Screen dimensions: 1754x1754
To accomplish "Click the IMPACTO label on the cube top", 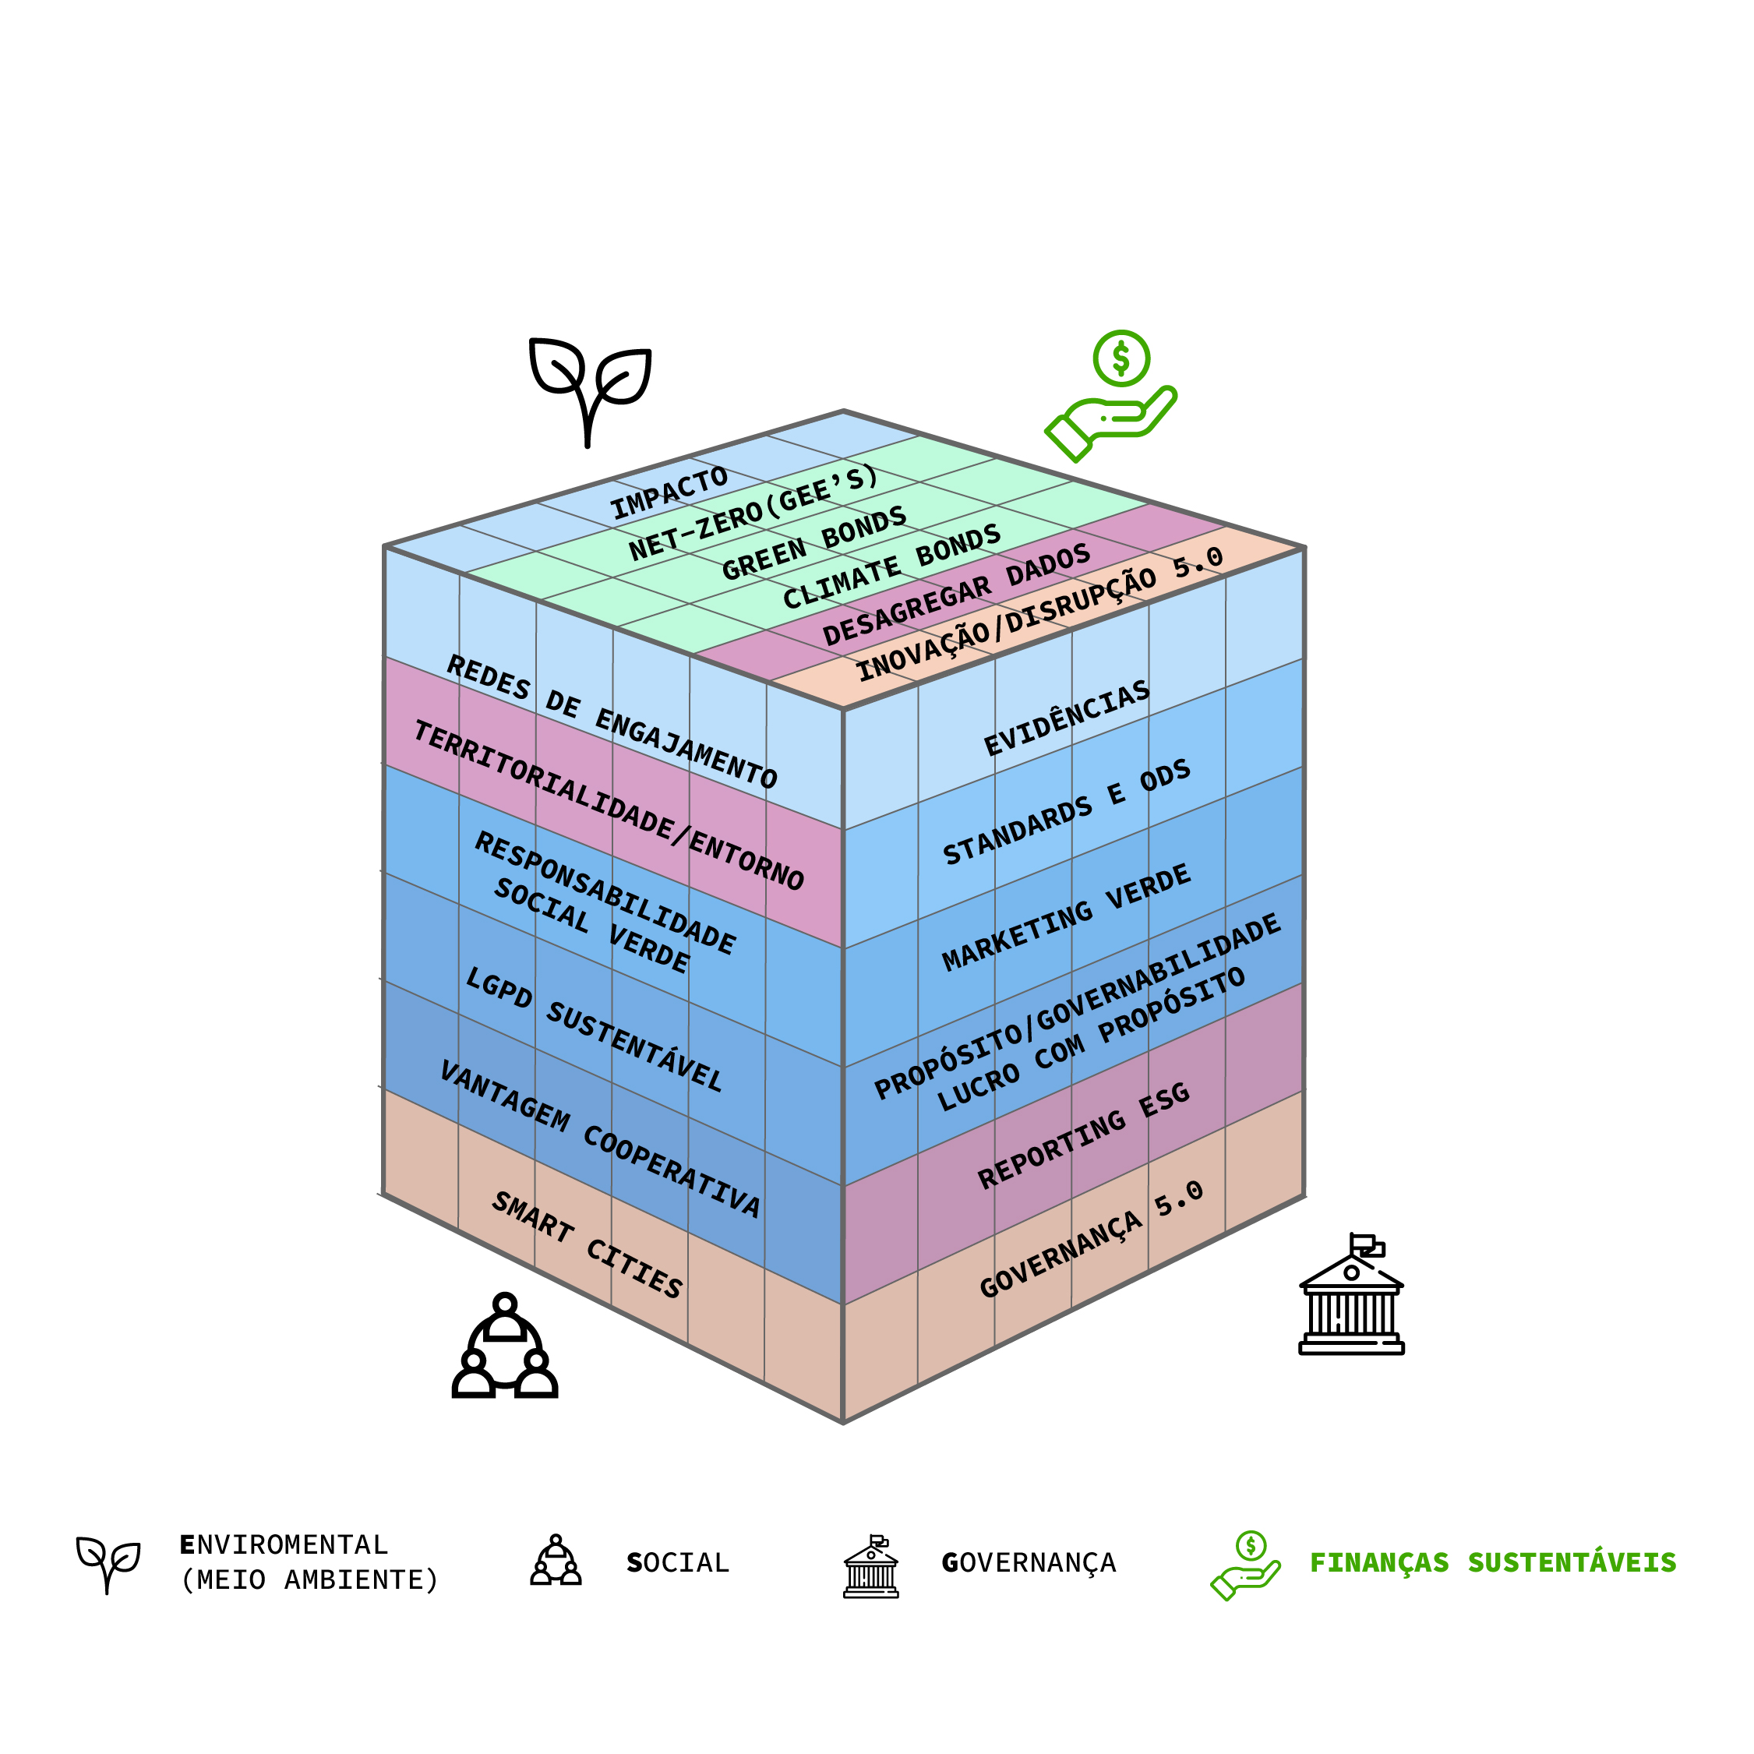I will pos(669,494).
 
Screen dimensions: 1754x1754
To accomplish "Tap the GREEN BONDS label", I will pos(813,543).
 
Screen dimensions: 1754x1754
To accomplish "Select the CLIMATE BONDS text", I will pos(891,566).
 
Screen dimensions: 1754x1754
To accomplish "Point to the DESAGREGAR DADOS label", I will pos(956,594).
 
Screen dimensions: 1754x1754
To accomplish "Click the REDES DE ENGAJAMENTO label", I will pos(612,722).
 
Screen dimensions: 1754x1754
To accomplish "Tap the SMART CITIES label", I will pos(587,1244).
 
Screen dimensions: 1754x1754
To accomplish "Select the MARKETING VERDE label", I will pos(1066,917).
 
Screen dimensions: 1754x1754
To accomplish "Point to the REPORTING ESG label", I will pos(1083,1135).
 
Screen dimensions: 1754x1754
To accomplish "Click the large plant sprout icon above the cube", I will pos(590,389).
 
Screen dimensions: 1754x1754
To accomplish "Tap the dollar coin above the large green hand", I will pos(1121,358).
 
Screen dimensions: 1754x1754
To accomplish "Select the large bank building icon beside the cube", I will pos(1351,1293).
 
